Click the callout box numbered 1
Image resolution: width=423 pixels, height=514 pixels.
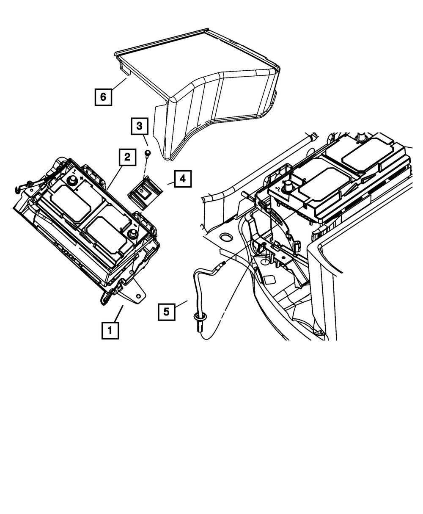[110, 330]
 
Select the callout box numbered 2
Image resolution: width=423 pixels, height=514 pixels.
[127, 158]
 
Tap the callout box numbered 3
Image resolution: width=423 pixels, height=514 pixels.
[140, 126]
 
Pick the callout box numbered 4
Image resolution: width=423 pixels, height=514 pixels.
[182, 179]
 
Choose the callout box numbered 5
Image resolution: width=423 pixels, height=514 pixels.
[167, 312]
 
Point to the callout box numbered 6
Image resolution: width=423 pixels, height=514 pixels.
[103, 97]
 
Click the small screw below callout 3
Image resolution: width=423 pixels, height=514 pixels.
[148, 152]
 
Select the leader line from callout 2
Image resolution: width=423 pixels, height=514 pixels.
[114, 178]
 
